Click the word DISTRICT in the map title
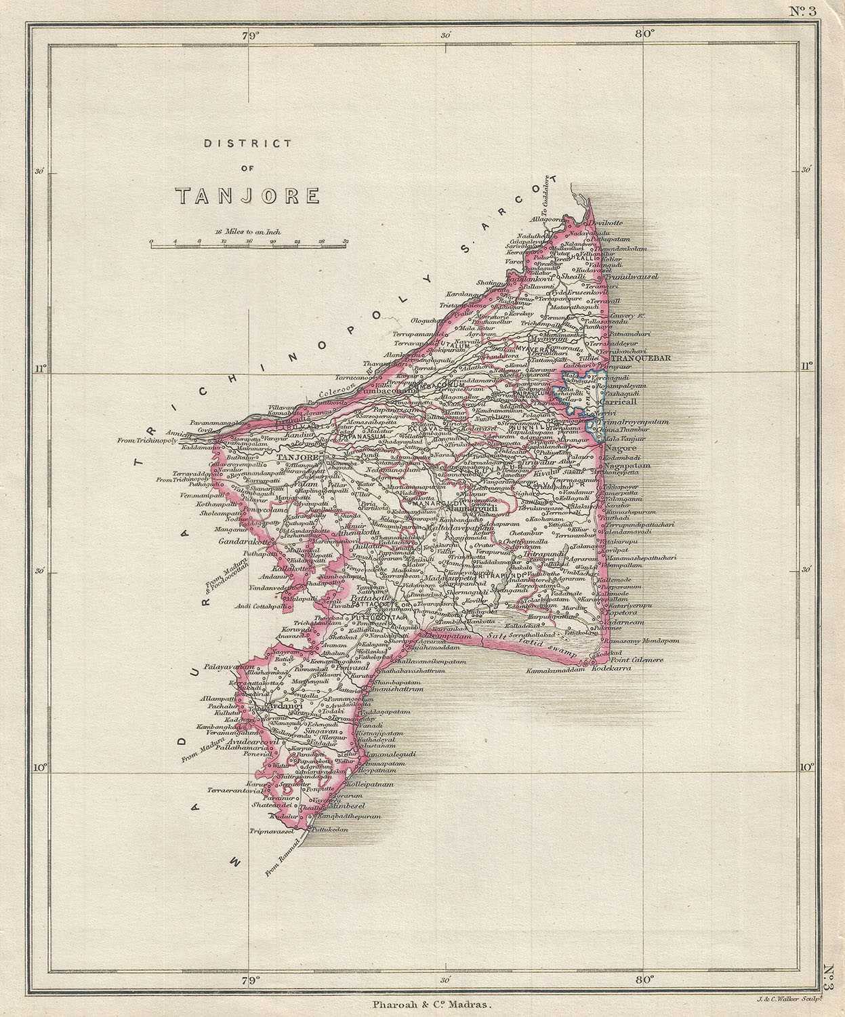coord(247,144)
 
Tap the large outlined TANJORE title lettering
coord(247,196)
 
